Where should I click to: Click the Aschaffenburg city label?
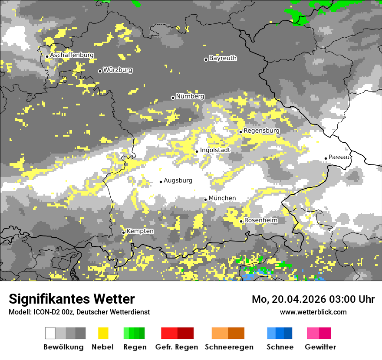tap(72, 56)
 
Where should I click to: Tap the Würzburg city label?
tap(118, 70)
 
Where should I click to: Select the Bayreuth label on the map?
tap(223, 58)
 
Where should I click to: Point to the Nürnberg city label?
tap(190, 96)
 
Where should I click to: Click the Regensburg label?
tap(261, 131)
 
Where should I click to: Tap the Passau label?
tap(339, 157)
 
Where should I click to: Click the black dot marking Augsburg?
tap(161, 182)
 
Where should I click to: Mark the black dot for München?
tap(206, 200)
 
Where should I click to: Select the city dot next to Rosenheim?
tap(241, 222)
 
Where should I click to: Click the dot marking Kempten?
tap(123, 232)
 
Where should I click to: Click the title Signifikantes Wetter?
tap(72, 299)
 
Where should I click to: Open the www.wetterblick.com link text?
tap(313, 312)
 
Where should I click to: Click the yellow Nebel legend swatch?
tap(103, 333)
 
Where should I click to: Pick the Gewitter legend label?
tap(320, 347)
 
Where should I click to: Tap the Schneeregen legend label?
tap(229, 347)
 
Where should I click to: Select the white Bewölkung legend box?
tap(50, 333)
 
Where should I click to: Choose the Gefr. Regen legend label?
tap(177, 347)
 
